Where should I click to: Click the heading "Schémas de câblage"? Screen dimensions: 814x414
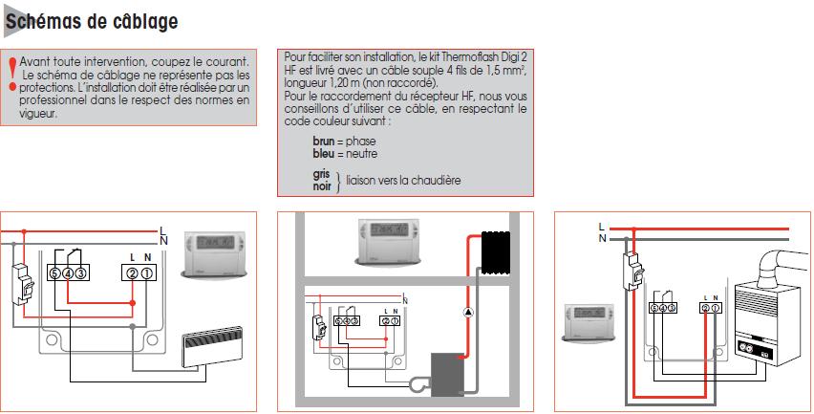[91, 20]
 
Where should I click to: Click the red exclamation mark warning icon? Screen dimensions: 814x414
[12, 74]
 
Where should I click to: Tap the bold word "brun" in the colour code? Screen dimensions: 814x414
[325, 141]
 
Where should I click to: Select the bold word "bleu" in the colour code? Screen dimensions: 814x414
[324, 153]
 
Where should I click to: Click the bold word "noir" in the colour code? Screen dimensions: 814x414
[322, 186]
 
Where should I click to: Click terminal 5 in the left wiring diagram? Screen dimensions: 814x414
[55, 274]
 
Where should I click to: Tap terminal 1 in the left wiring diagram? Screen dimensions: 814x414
[148, 274]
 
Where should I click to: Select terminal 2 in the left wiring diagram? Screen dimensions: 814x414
[132, 274]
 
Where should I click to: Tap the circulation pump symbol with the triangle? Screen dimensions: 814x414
[468, 313]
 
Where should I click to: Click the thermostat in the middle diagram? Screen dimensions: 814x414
[390, 242]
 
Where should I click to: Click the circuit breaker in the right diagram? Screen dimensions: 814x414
[632, 272]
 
